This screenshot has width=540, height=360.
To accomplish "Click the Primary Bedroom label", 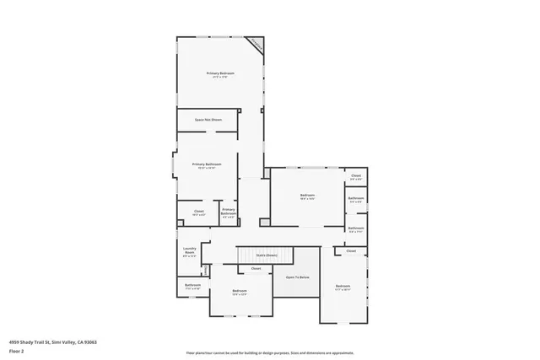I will pos(220,74).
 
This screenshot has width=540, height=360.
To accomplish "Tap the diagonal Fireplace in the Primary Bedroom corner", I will pos(255,45).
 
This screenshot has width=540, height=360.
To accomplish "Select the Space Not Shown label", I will pos(208,120).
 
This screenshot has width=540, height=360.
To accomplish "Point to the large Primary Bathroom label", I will pos(207,165).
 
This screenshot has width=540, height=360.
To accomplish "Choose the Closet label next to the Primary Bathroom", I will pos(199,212).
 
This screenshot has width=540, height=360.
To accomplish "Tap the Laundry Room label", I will pos(190,250).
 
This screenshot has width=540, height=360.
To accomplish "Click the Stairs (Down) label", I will pos(267,254).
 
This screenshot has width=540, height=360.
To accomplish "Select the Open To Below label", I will pos(297,277).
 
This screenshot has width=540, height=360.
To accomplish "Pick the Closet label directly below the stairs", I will pos(256,268).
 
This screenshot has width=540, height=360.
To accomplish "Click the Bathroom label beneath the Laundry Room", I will pos(192,286).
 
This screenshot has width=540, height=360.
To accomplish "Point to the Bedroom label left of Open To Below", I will pos(240,292).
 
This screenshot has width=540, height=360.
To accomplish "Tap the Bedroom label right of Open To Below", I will pos(343,287).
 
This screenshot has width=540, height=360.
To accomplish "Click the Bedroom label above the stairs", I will pos(307,196).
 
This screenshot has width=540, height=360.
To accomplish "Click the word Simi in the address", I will pos(57,342).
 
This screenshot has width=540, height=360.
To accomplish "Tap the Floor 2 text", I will pos(17,351).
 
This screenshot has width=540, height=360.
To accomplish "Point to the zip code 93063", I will pos(89,342).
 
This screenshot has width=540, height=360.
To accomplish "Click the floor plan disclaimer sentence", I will pos(270,352).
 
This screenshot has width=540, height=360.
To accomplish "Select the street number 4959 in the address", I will pos(14,342).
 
